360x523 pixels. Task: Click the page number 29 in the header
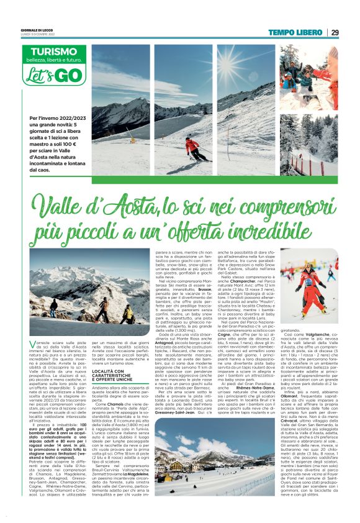(335, 32)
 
